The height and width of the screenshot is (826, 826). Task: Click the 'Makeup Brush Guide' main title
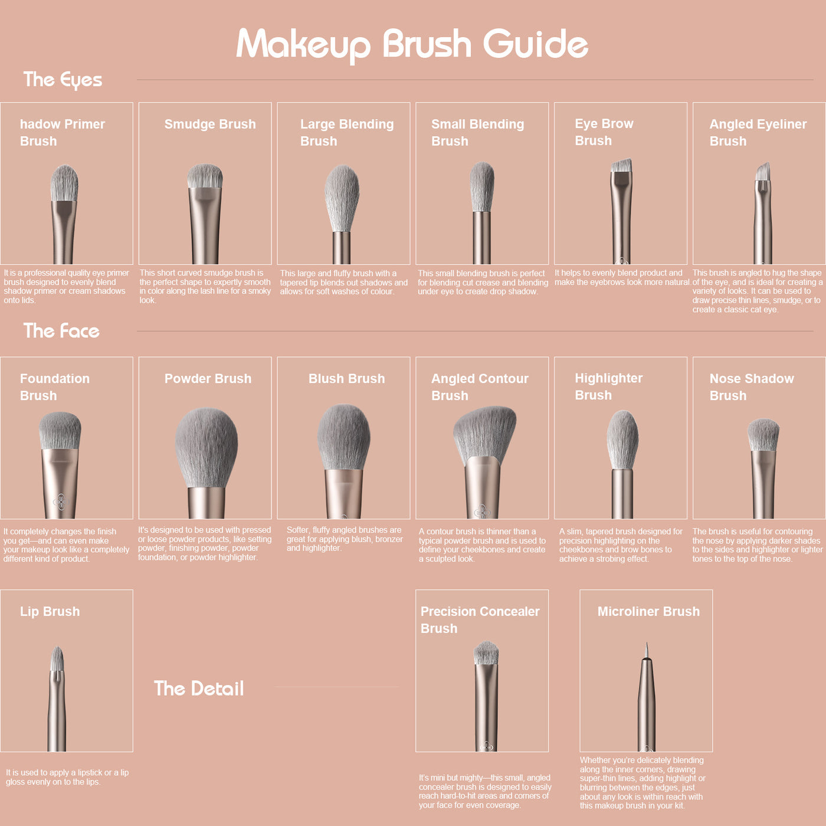412,45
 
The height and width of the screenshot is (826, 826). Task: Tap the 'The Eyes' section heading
63,80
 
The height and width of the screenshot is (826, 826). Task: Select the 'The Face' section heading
61,331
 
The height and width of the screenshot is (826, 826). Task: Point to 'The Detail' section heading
199,689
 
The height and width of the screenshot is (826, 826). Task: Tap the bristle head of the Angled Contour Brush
484,433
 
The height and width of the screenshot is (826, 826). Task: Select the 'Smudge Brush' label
210,124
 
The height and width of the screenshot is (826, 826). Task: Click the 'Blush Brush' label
346,379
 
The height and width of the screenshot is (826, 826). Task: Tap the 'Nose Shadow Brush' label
752,387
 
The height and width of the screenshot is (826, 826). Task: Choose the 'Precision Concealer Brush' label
480,620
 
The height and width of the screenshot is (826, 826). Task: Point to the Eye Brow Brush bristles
621,165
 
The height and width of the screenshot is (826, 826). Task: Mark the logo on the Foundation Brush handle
61,501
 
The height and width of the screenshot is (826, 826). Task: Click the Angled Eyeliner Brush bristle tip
762,172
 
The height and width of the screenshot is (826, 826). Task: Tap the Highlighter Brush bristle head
622,440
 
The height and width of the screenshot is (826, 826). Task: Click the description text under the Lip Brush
67,777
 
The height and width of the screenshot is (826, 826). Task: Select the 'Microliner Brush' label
648,611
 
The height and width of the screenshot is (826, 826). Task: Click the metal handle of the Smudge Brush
205,225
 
